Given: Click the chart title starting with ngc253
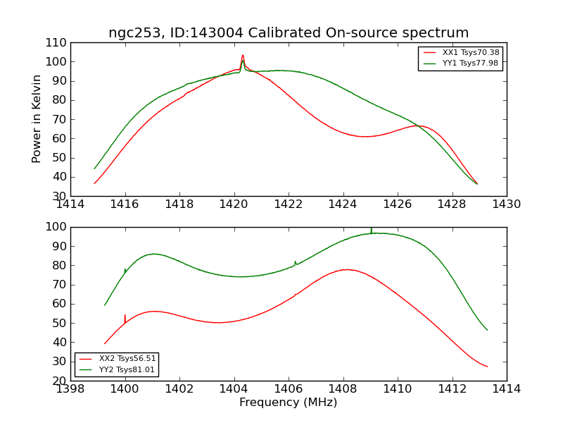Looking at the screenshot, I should [x=289, y=32].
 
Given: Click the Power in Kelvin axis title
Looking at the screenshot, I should [x=37, y=119].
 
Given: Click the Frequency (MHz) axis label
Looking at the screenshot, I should [x=289, y=403].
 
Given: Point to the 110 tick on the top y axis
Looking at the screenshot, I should [x=57, y=43].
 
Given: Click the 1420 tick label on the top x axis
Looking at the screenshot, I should [x=234, y=204].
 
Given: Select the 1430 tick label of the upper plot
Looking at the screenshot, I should [x=506, y=204].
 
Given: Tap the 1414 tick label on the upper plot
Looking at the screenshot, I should [x=71, y=204].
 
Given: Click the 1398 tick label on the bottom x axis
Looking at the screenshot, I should [x=71, y=389].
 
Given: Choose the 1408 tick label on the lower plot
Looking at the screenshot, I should [x=343, y=389].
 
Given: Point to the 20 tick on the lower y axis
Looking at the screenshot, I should [x=61, y=381].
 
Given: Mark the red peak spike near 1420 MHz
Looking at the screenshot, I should [x=243, y=56].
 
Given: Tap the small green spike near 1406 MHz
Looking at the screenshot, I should [x=296, y=262].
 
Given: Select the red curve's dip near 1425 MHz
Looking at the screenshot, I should [x=365, y=136].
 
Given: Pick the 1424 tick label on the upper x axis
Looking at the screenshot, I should [x=343, y=204].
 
